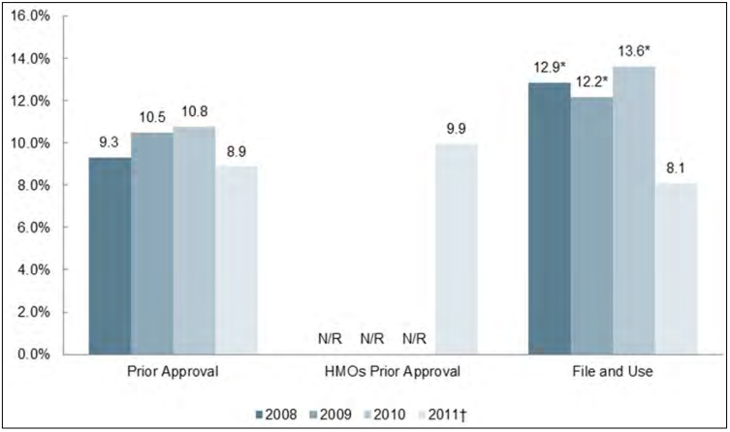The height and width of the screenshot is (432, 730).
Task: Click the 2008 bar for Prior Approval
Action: (x=110, y=256)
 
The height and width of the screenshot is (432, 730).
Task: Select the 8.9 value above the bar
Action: (x=237, y=151)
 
